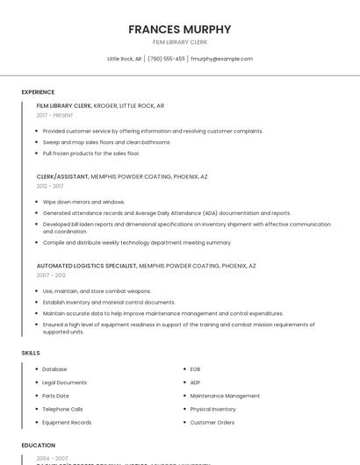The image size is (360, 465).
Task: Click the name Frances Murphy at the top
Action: pyautogui.click(x=179, y=29)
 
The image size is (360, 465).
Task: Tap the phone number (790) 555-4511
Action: pyautogui.click(x=166, y=59)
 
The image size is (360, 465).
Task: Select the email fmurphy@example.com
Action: pyautogui.click(x=221, y=59)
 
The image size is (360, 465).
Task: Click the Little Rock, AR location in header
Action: pyautogui.click(x=124, y=59)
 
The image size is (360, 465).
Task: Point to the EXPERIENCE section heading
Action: pyautogui.click(x=38, y=92)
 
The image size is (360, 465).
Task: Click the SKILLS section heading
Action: pyautogui.click(x=31, y=353)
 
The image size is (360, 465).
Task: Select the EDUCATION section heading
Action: pyautogui.click(x=39, y=446)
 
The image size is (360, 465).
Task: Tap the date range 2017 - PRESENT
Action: pyautogui.click(x=54, y=115)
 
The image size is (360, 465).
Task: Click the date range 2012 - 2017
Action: pyautogui.click(x=50, y=186)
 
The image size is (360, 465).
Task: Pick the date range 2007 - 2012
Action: pyautogui.click(x=51, y=275)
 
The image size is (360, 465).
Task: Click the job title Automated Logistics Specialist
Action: pyautogui.click(x=86, y=265)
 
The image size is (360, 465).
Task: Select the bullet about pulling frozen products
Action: pyautogui.click(x=91, y=154)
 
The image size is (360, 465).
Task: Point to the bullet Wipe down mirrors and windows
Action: pyautogui.click(x=83, y=202)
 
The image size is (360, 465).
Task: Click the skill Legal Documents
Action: pyautogui.click(x=64, y=383)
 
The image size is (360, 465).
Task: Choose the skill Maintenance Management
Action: pyautogui.click(x=225, y=396)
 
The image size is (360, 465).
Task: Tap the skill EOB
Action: pyautogui.click(x=195, y=369)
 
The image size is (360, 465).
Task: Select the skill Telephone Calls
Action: pyautogui.click(x=62, y=409)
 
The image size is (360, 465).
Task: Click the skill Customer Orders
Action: pyautogui.click(x=212, y=422)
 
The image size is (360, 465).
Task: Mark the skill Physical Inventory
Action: pyautogui.click(x=212, y=409)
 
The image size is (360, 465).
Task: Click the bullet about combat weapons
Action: pyautogui.click(x=97, y=290)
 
